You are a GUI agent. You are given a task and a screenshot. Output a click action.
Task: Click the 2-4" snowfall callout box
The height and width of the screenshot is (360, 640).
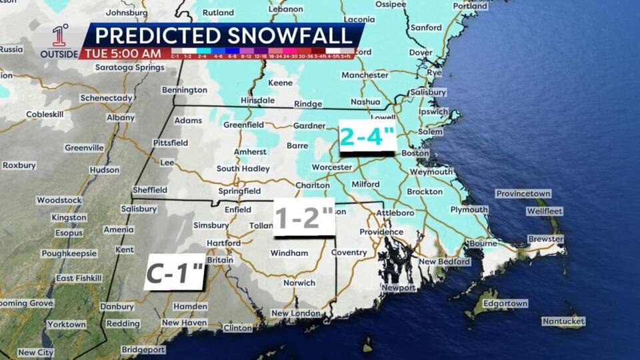point(367,137)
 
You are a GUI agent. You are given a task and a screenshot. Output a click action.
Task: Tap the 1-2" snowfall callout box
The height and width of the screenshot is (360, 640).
point(304,217)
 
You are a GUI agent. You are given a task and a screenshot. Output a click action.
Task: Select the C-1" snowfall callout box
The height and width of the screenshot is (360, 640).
point(175,272)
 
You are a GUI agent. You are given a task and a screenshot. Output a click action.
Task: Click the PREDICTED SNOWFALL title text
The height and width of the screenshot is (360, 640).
point(222,35)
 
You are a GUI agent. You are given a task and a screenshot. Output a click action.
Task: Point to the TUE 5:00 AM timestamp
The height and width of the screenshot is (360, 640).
point(122,53)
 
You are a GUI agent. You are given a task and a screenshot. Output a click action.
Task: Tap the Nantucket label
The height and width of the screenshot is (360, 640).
point(563,321)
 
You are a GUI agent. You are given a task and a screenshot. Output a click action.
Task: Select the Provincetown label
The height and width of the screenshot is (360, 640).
point(523,193)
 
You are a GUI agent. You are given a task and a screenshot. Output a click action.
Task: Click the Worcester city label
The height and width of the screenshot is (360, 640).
point(332,167)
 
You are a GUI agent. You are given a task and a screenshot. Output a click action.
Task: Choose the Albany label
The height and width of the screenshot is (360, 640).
point(121,117)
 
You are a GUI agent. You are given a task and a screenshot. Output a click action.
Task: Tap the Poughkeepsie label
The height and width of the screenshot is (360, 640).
point(69,253)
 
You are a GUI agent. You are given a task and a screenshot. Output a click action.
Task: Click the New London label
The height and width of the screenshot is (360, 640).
point(295,313)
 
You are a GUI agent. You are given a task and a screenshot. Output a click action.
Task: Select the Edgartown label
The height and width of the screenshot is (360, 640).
point(505,303)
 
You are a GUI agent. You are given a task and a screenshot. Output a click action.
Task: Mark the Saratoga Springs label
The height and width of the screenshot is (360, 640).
point(129,67)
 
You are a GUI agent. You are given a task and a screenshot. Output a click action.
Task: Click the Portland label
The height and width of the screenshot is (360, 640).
point(470,6)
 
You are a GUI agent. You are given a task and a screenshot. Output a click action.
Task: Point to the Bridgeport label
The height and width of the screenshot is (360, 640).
point(143,349)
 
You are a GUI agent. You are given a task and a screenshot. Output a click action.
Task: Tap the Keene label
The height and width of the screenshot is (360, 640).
point(280,83)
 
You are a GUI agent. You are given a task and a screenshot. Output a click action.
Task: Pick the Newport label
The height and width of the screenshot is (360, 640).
point(399,287)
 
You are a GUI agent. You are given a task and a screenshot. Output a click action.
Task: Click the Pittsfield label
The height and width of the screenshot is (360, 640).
point(170,143)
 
